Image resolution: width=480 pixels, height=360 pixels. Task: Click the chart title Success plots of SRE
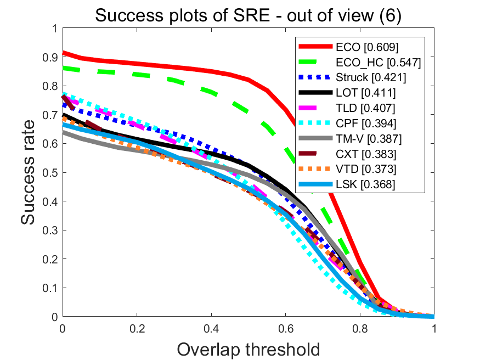pyautogui.click(x=249, y=15)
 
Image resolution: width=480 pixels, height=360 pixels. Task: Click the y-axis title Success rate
pyautogui.click(x=30, y=173)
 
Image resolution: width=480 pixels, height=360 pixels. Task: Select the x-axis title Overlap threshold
pyautogui.click(x=249, y=349)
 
